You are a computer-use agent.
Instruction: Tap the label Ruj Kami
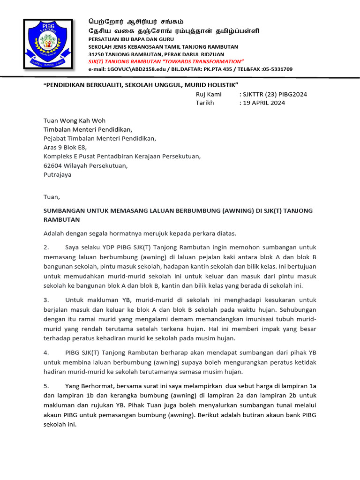tap(209, 94)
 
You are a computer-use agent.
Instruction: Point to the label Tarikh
tap(205, 103)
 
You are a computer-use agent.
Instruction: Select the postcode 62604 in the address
tap(53, 165)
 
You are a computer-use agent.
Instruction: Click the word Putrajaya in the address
tap(58, 174)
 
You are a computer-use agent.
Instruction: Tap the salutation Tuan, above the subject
tap(52, 197)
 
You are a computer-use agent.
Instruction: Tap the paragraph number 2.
tap(46, 247)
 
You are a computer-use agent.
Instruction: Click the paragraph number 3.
tap(46, 300)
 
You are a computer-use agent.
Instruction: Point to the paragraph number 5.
tap(46, 386)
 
